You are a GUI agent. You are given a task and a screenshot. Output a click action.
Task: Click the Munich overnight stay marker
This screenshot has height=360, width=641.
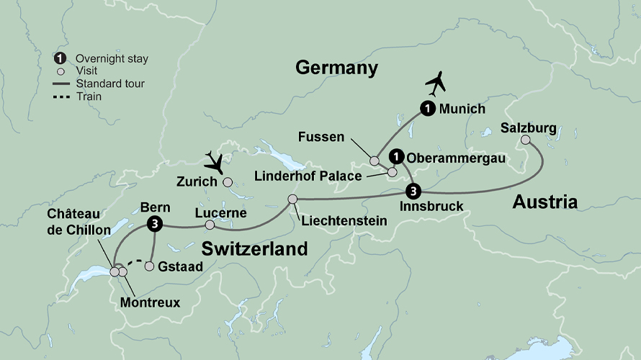click(x=428, y=109)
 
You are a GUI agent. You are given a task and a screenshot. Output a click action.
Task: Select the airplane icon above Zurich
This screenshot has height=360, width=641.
click(x=215, y=160)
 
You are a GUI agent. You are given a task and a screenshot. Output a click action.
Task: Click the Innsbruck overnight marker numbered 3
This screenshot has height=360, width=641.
click(x=412, y=191)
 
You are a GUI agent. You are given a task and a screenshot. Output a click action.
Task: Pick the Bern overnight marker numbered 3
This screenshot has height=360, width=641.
click(x=153, y=224)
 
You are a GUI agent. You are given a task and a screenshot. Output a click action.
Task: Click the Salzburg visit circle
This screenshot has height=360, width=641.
click(x=526, y=140)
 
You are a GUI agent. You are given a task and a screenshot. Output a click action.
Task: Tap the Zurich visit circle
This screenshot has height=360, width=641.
click(x=228, y=182)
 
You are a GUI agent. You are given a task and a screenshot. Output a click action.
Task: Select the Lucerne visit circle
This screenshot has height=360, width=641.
click(x=210, y=225)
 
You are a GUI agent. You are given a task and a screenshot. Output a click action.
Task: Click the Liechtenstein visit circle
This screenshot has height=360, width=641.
click(x=292, y=199)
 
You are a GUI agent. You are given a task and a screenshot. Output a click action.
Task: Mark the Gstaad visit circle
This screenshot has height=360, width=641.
click(x=149, y=266)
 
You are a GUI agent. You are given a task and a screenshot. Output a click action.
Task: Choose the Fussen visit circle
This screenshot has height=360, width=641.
click(x=375, y=161)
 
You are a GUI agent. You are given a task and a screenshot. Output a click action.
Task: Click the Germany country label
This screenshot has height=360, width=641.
click(x=336, y=68)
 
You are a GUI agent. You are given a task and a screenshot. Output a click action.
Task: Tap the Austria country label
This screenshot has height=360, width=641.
click(x=544, y=202)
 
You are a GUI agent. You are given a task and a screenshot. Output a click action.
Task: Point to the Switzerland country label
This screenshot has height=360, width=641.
click(x=254, y=249)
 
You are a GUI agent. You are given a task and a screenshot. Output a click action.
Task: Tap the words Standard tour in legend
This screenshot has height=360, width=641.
click(x=109, y=84)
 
